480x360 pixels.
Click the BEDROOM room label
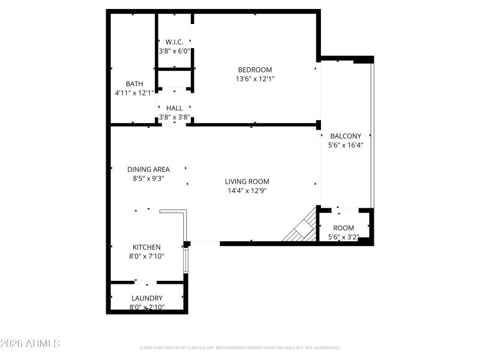point(255,70)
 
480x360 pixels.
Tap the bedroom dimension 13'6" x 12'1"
point(255,79)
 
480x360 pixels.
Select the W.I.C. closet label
point(174,42)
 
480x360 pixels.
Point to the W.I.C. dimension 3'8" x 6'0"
point(174,51)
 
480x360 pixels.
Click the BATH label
point(134,84)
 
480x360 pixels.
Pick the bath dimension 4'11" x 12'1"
point(134,93)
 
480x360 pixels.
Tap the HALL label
point(175,108)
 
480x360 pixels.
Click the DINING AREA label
point(148,169)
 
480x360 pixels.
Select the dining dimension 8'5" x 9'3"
point(148,178)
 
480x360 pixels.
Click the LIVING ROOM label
point(247,181)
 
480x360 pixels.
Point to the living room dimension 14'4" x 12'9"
point(247,191)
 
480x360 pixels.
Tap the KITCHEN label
point(146,247)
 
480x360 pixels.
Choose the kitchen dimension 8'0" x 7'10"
point(146,256)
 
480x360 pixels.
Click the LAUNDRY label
point(147,298)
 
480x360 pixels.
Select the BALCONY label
point(346,136)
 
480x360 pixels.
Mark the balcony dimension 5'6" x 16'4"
point(346,145)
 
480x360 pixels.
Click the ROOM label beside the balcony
point(344,228)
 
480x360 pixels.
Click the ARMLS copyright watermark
point(30,344)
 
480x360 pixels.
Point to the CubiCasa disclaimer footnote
point(240,347)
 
